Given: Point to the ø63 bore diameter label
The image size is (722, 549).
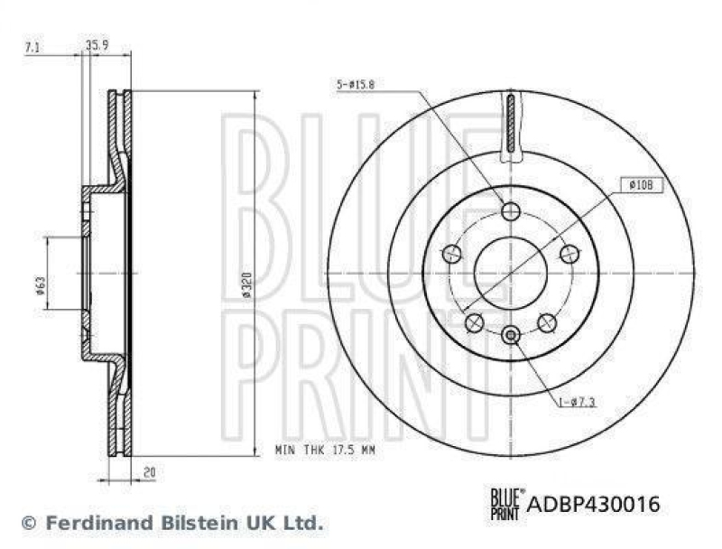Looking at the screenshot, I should [x=41, y=285].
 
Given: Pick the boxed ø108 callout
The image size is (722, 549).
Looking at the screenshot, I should [x=642, y=185].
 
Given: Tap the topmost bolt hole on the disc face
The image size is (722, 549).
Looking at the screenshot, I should [x=511, y=211].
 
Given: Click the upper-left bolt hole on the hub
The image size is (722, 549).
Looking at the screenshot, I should [x=451, y=255].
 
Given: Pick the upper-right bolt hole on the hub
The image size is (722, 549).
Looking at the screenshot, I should [x=569, y=254].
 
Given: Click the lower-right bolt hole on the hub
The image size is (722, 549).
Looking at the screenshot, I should [x=546, y=322].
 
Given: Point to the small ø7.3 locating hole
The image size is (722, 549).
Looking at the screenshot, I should [x=511, y=336].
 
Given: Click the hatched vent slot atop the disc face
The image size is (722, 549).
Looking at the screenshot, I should [x=511, y=124].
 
